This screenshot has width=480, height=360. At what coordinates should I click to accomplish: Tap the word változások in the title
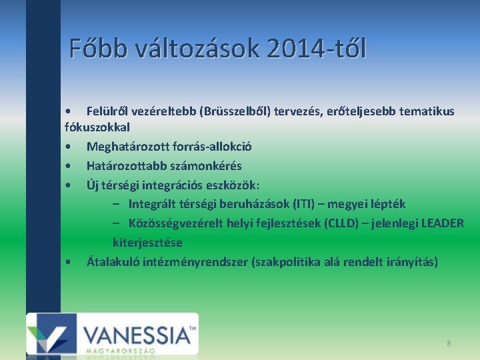click(193, 49)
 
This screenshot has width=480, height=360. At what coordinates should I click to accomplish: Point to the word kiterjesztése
click(147, 242)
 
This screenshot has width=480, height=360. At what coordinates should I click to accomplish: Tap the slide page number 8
click(449, 343)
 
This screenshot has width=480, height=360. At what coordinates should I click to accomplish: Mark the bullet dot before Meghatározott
click(69, 147)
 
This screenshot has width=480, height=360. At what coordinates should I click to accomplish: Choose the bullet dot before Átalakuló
click(69, 262)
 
